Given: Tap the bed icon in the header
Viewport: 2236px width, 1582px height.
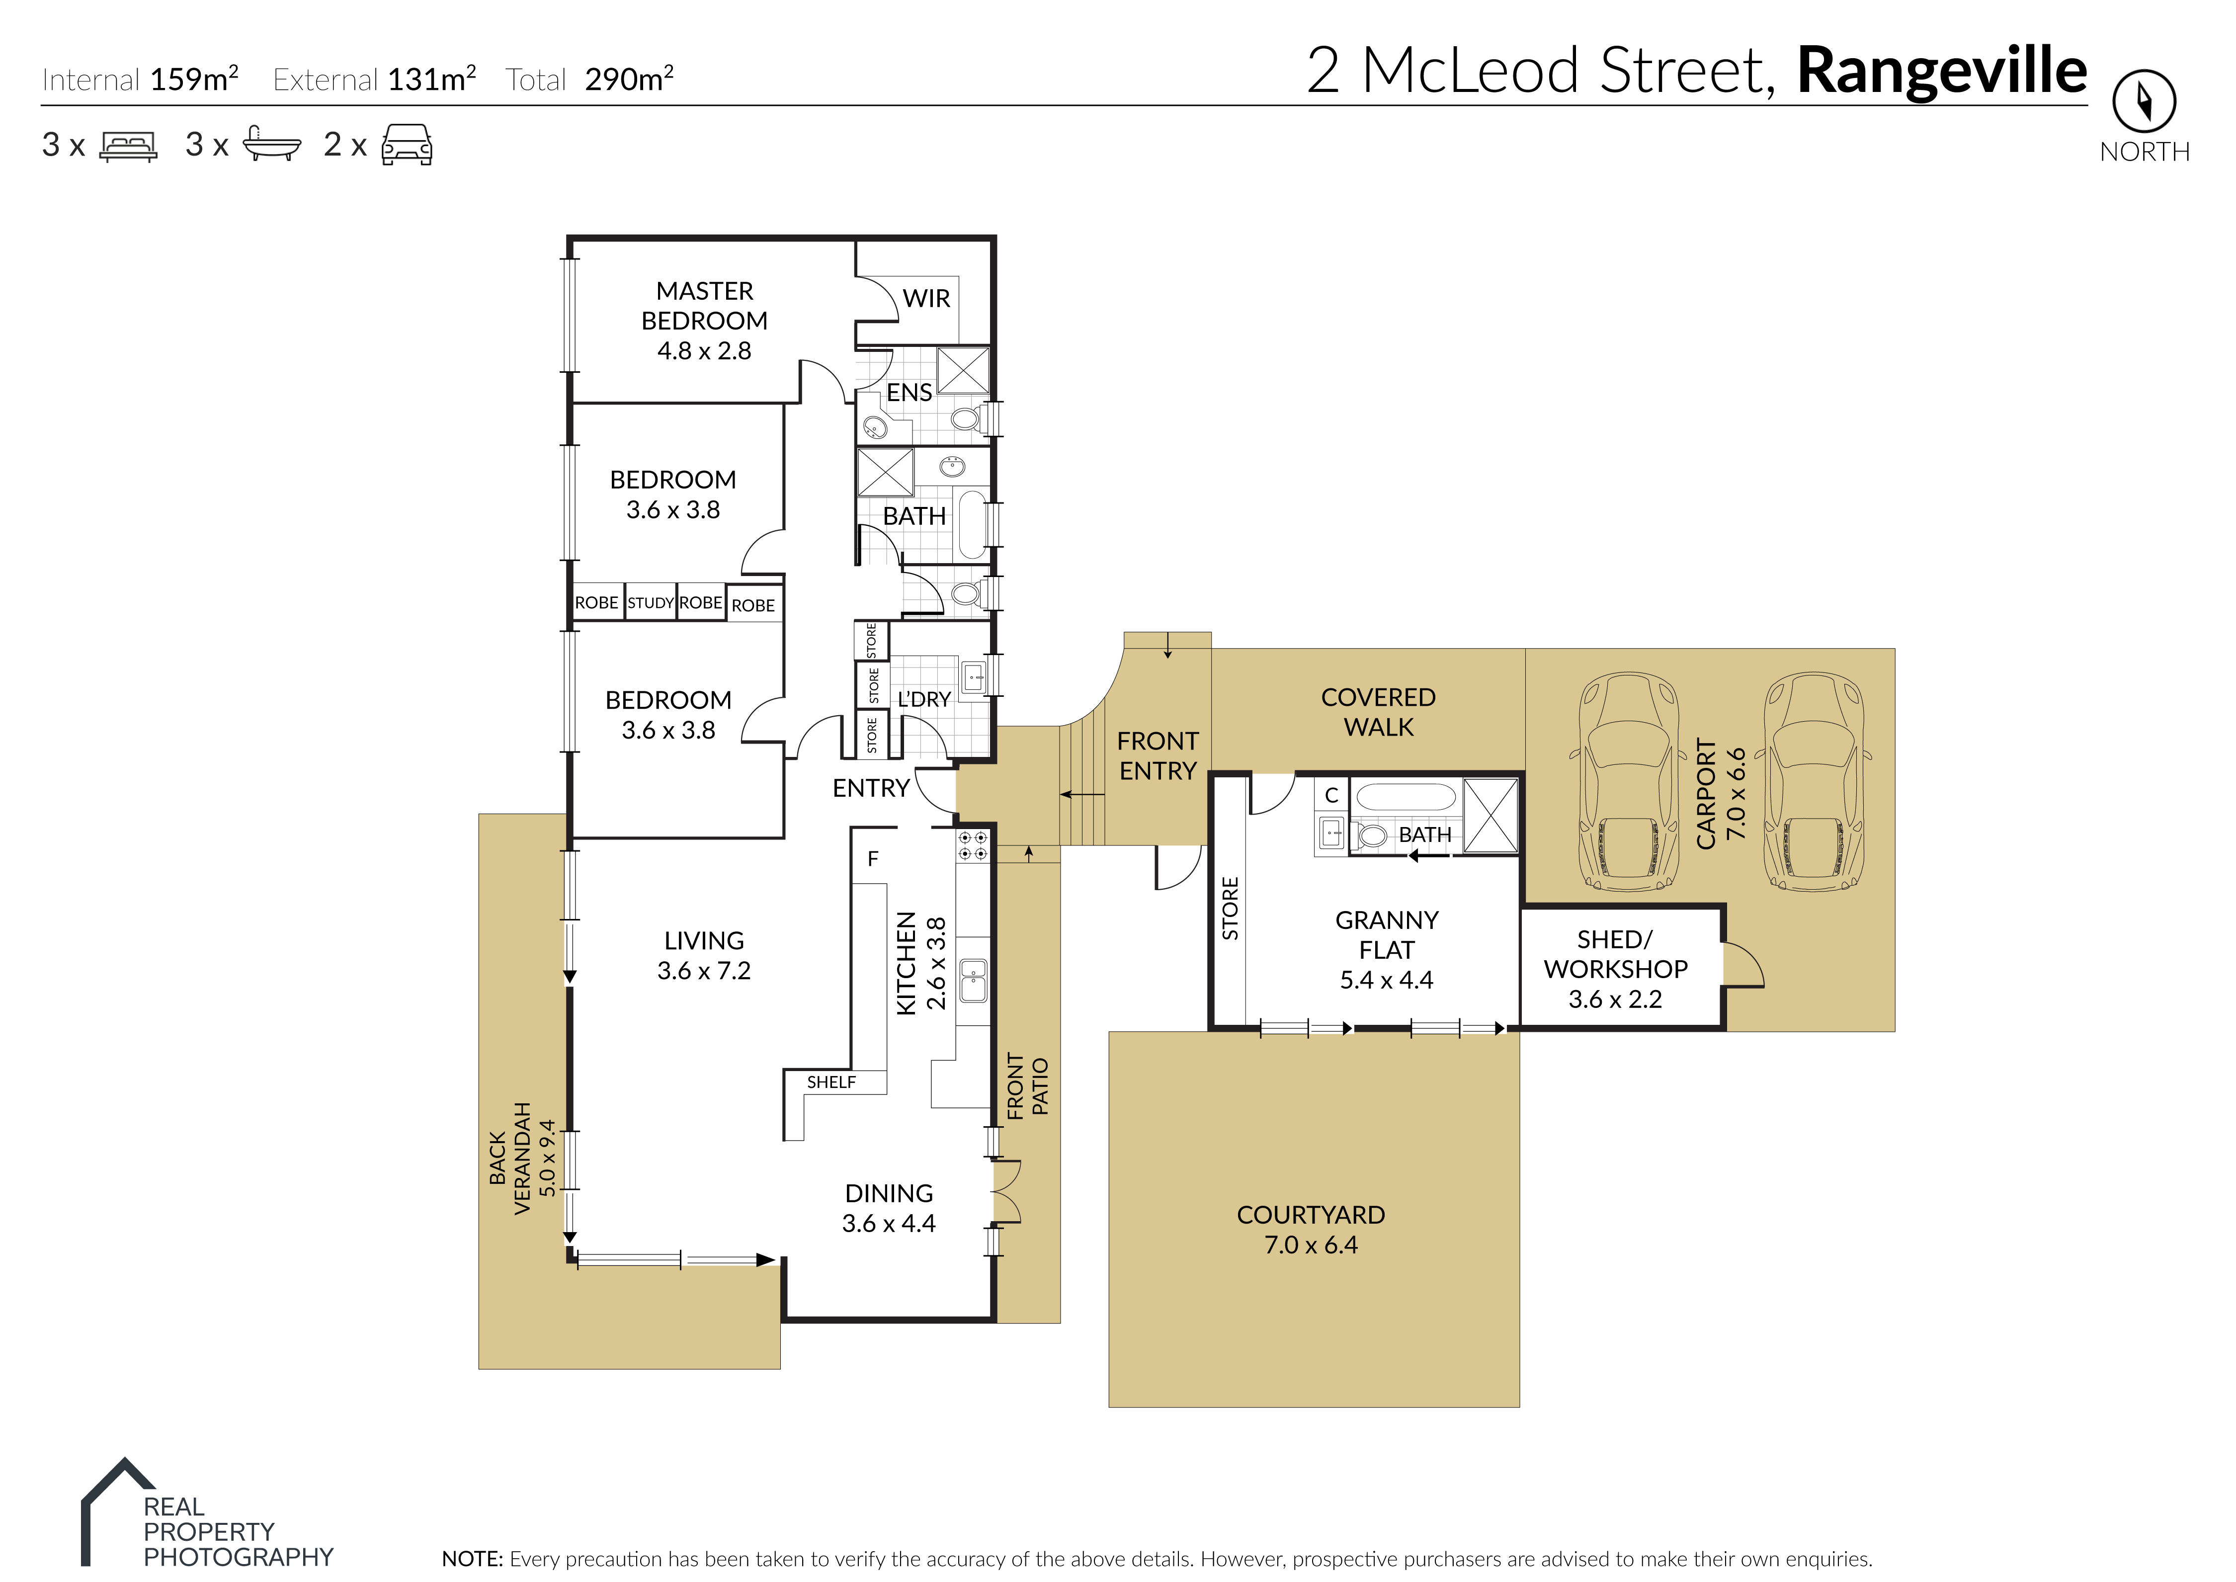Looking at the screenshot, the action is pos(129,146).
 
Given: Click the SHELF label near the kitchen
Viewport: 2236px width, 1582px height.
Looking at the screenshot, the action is pos(830,1082).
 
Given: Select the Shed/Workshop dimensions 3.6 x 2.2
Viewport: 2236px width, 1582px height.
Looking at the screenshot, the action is pos(1615,999).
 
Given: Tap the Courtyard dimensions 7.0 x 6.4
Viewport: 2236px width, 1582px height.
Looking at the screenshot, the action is pos(1311,1245).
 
